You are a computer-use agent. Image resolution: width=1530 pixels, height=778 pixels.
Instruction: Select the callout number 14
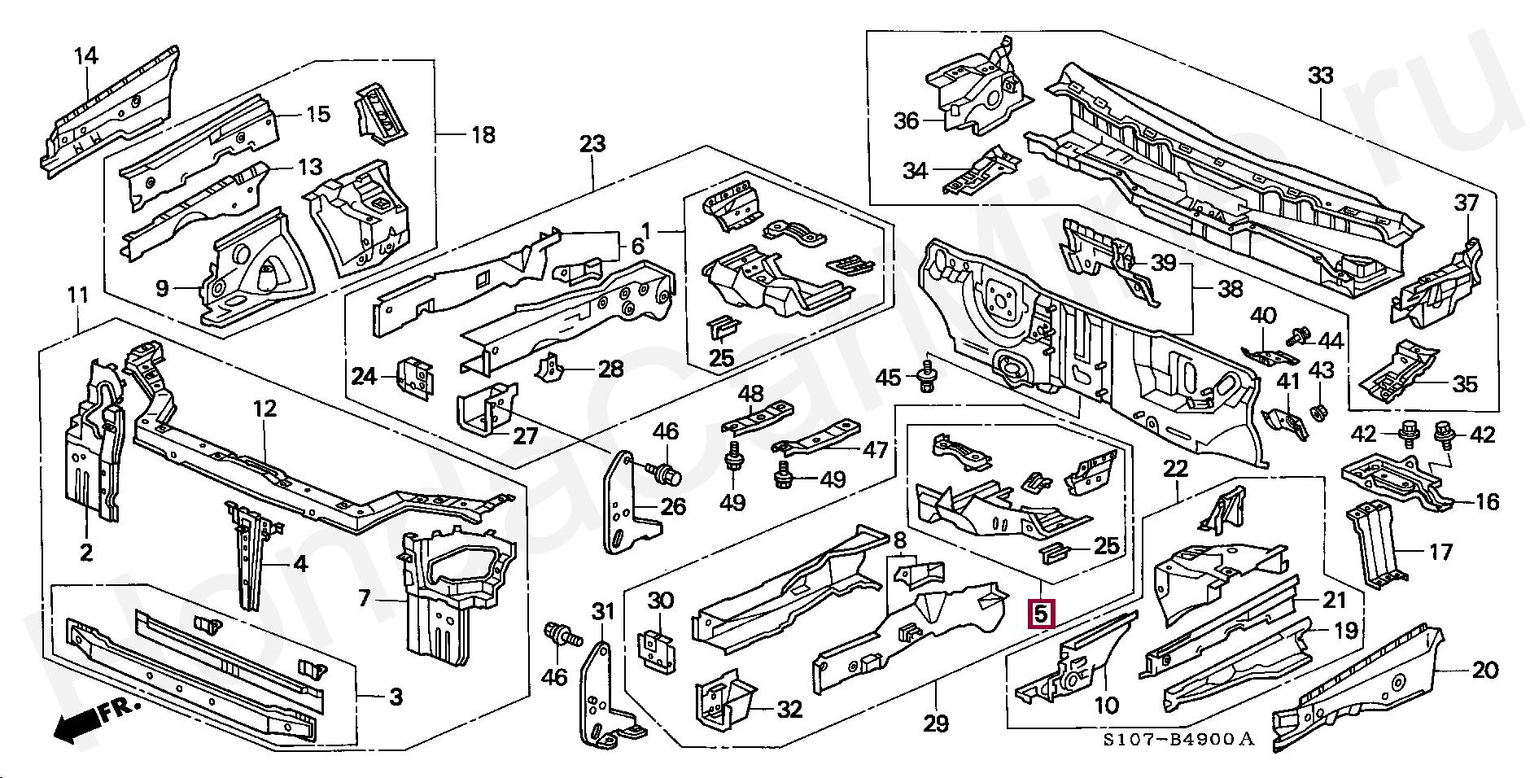(x=85, y=56)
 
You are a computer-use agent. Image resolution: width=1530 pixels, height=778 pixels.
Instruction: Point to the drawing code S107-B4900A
(x=1178, y=739)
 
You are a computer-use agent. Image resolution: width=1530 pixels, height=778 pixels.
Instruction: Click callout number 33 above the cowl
(x=1320, y=76)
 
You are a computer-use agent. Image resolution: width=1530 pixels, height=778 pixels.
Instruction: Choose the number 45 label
(x=889, y=378)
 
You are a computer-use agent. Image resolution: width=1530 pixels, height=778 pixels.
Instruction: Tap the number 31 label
(x=602, y=610)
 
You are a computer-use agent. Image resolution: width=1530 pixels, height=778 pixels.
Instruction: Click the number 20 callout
(x=1484, y=671)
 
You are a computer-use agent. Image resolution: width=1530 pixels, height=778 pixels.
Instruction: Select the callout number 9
(x=162, y=288)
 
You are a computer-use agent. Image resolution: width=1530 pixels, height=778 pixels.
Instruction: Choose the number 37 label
(x=1466, y=202)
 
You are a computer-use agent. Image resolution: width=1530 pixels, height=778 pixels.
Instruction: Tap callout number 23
(x=592, y=145)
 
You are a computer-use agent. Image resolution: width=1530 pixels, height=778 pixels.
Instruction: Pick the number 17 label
(x=1440, y=553)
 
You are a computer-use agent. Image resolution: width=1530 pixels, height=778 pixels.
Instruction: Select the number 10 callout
(x=1108, y=704)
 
